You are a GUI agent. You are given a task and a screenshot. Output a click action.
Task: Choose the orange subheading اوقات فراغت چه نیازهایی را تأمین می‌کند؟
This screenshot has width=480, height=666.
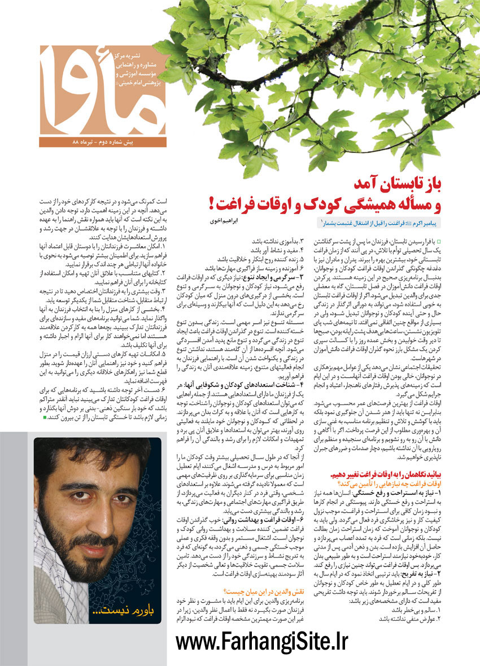pyautogui.click(x=392, y=484)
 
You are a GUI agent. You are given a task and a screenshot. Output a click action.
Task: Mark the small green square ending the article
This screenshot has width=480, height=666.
pyautogui.click(x=45, y=417)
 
